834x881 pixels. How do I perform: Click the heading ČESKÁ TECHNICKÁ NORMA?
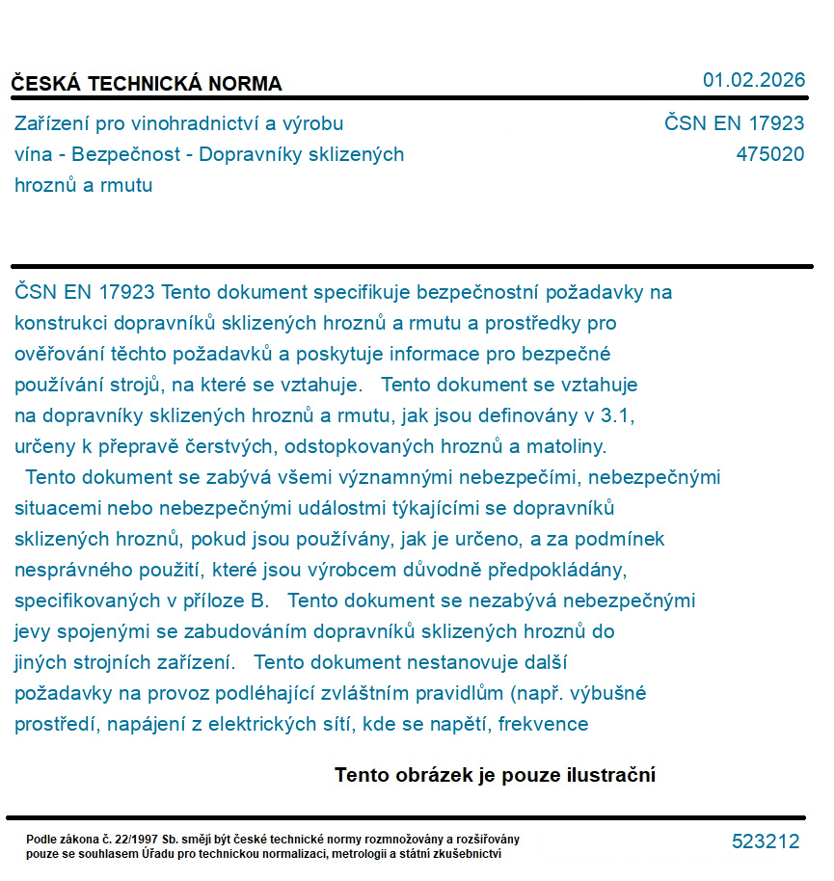click(x=147, y=84)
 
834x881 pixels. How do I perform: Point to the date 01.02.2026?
click(x=753, y=80)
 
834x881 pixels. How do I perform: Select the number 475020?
click(x=769, y=154)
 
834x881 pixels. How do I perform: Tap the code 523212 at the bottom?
click(x=766, y=841)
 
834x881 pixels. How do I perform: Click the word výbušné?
click(x=609, y=693)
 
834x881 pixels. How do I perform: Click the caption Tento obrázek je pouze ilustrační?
click(x=495, y=775)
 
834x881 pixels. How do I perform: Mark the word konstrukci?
click(x=61, y=323)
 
